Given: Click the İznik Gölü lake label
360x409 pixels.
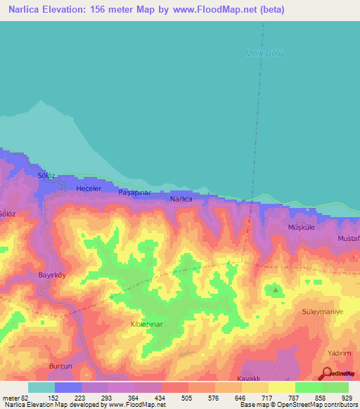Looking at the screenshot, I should tap(264, 54).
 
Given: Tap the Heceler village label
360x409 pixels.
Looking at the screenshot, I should tap(89, 189).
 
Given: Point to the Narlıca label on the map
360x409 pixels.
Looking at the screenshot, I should tap(181, 200).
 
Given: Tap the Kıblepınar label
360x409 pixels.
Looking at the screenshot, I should tap(146, 325).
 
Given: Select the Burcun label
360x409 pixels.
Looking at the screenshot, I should tap(61, 366).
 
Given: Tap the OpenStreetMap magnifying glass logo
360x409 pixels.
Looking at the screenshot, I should tap(327, 374).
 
